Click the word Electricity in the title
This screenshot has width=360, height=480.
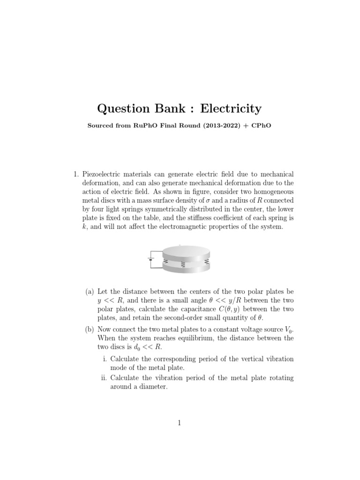pos(231,109)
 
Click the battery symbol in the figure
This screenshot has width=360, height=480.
pos(150,258)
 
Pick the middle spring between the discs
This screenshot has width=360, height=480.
pos(183,265)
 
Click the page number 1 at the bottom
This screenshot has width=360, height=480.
pos(180,423)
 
